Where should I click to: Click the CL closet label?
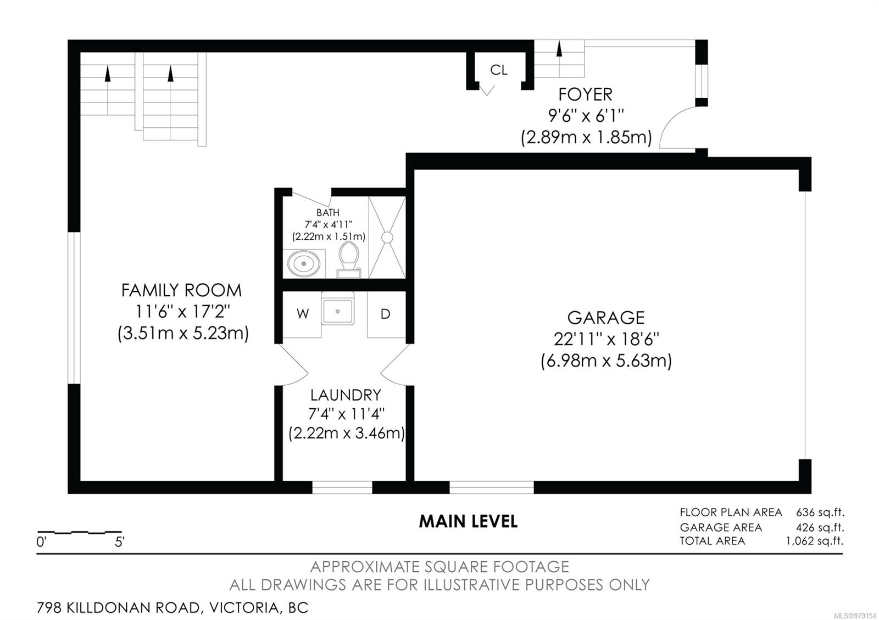coord(498,70)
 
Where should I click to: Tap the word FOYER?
coord(585,94)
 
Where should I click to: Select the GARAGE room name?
coord(606,318)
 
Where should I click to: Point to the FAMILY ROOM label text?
coord(181,290)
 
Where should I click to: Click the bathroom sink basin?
coord(303,263)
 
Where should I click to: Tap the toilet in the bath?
coord(349,260)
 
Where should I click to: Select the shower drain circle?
coord(387,237)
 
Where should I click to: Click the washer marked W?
coord(302,314)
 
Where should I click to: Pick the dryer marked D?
coord(386,314)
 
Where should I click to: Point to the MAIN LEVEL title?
coord(468,521)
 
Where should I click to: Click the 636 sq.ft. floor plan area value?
coord(820,512)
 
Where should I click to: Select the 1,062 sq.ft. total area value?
coord(815,541)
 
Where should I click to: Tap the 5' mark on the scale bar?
coord(120,542)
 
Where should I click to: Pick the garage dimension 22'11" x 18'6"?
coord(607,339)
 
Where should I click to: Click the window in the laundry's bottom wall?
coord(342,487)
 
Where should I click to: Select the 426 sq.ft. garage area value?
coord(820,527)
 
